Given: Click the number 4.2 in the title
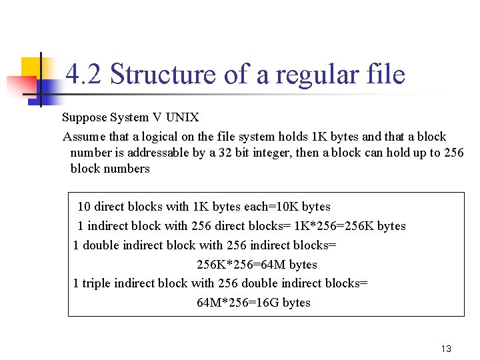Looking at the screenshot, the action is (x=85, y=75).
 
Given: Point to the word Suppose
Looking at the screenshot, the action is (x=85, y=118).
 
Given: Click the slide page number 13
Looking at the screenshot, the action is (x=446, y=349).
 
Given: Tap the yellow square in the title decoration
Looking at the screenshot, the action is (x=31, y=69).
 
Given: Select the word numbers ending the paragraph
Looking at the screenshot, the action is (x=127, y=169).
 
